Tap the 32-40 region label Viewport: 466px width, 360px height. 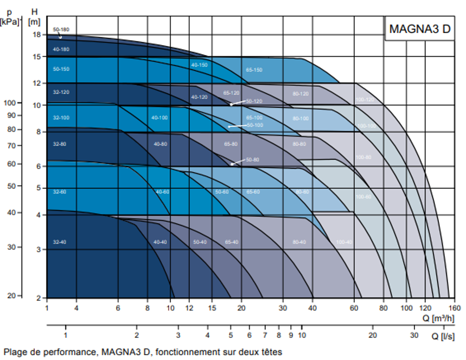click(60, 242)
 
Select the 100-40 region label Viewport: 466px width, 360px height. click(344, 242)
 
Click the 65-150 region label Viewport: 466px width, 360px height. click(254, 70)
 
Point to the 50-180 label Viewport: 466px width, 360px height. click(61, 29)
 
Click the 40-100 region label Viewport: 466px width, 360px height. click(159, 118)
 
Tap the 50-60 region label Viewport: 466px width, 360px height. click(221, 191)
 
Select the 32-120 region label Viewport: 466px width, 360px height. click(61, 92)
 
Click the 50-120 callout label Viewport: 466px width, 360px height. click(254, 101)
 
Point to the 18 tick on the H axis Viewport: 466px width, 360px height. click(37, 35)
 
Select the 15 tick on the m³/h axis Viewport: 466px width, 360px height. click(212, 307)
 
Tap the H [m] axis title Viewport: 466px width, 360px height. click(35, 16)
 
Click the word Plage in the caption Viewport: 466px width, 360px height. click(14, 352)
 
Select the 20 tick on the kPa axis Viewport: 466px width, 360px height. click(12, 296)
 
